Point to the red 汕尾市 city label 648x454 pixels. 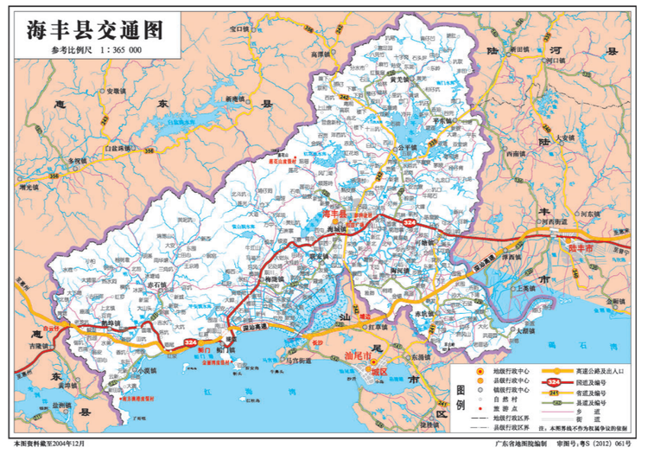click(358, 356)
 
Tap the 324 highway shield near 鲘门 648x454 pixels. click(192, 343)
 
